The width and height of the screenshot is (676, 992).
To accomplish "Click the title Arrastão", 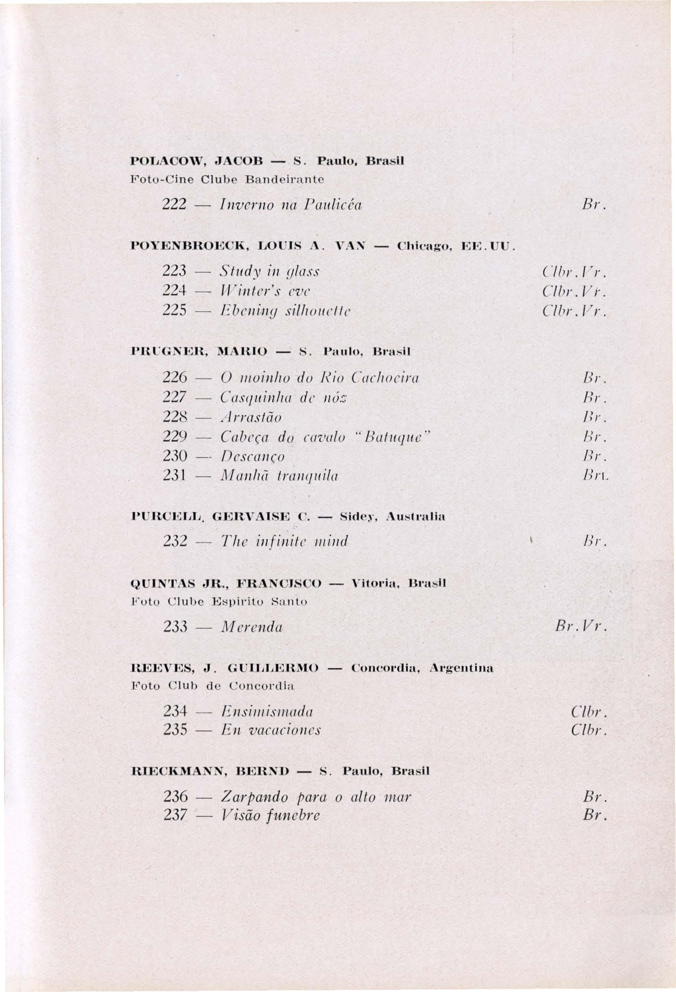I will (251, 417).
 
